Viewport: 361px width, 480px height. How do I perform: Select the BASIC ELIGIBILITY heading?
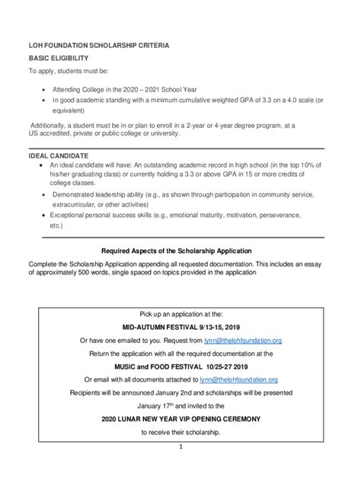(x=59, y=58)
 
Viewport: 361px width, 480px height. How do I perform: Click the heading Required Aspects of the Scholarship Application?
(x=180, y=250)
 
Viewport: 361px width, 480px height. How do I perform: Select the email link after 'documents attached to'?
(x=240, y=379)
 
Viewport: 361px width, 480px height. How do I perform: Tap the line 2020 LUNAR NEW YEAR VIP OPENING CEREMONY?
(x=181, y=418)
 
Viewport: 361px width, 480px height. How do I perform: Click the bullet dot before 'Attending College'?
(x=43, y=88)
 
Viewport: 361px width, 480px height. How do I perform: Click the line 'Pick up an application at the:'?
(x=181, y=313)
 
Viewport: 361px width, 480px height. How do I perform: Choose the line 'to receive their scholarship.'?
(x=181, y=432)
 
